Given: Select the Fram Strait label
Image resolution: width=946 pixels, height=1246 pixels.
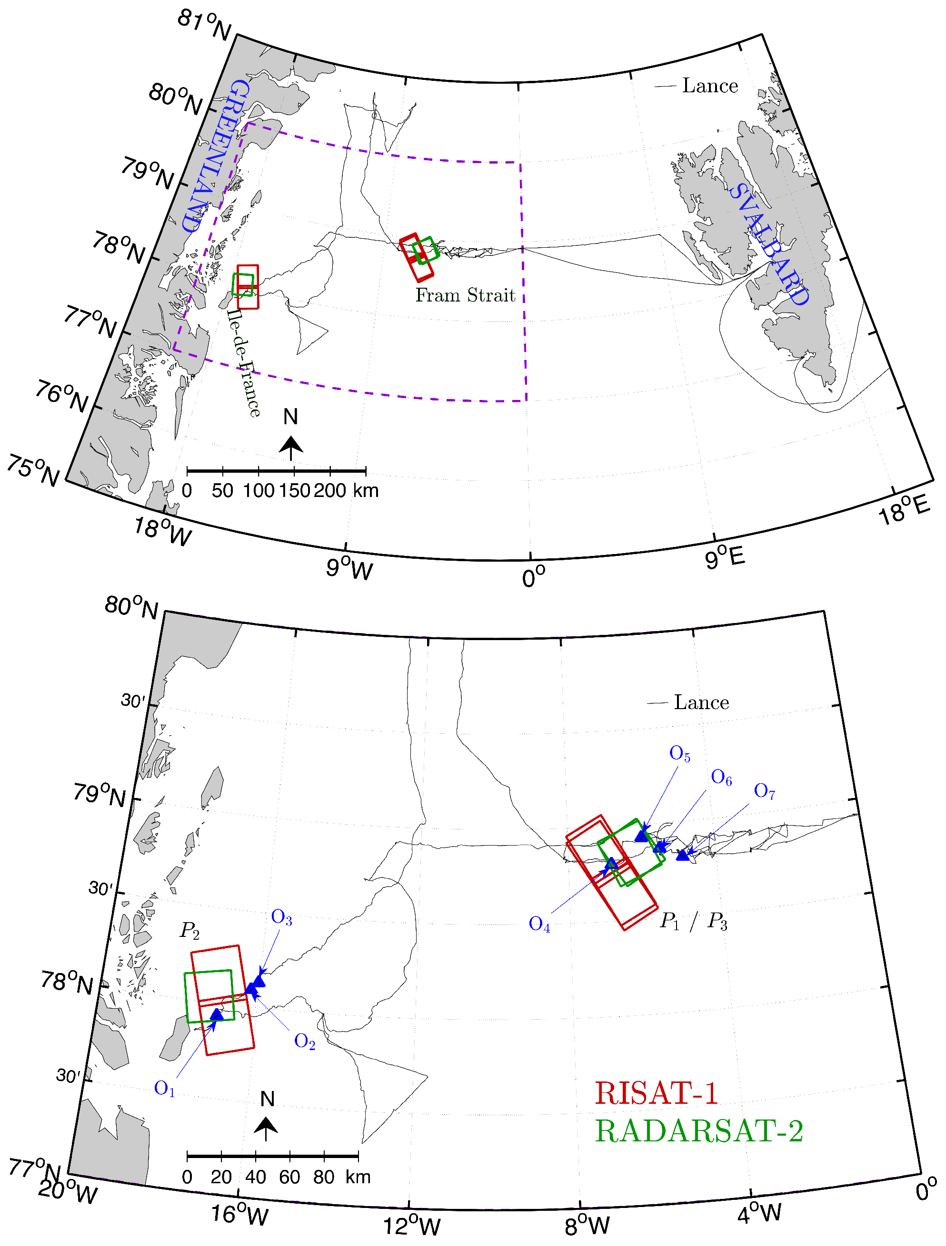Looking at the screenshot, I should point(465,295).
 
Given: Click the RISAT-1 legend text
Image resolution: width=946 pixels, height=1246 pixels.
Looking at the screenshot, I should point(656,1093).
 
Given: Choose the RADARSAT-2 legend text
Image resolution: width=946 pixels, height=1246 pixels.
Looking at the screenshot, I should point(699,1130).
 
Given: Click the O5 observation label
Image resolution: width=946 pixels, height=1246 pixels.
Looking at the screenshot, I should point(679,754).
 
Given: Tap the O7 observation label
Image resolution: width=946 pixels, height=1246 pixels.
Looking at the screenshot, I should point(765,791).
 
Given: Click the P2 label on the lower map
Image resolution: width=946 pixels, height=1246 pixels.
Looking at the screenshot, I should point(189,931).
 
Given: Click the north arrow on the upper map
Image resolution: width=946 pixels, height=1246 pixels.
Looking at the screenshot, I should point(291,448).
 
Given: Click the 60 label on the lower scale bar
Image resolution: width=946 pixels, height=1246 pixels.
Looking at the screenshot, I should point(290,1177).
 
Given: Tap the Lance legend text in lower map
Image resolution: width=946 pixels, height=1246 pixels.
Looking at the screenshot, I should point(701,702).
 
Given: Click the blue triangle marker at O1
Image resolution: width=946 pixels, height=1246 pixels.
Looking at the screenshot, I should point(217,1014).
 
